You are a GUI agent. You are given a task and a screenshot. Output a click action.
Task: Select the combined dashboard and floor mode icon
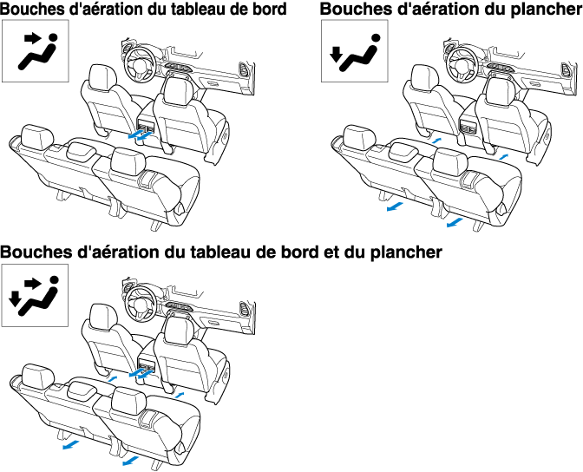click(x=32, y=295)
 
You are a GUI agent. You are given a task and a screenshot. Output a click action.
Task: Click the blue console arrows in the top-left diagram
click(x=137, y=134)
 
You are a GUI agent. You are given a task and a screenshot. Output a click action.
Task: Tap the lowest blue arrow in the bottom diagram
click(x=131, y=462)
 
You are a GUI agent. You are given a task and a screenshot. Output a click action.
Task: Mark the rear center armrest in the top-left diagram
click(x=85, y=148)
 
